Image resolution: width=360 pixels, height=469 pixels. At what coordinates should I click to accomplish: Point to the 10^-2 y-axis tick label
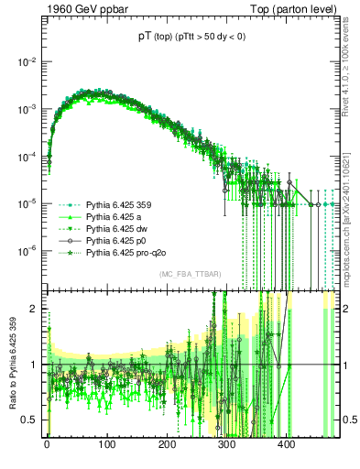(27, 61)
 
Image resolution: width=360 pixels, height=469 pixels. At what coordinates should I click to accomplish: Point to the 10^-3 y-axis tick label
(27, 109)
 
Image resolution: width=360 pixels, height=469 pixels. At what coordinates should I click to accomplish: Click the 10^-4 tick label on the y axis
(27, 156)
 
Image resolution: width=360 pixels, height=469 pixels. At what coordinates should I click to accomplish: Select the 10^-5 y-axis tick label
(27, 203)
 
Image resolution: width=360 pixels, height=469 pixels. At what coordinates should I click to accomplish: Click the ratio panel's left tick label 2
(34, 309)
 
